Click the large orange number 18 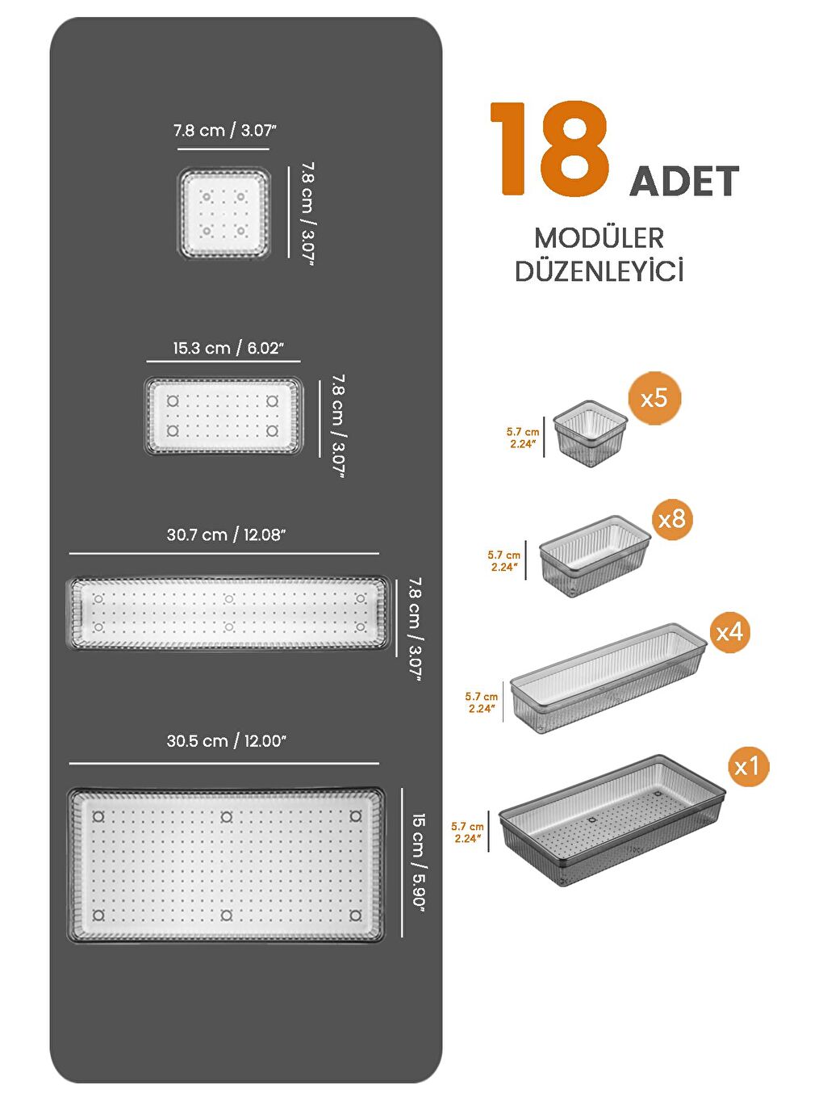[549, 149]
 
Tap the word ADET [684, 182]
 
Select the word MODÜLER [599, 238]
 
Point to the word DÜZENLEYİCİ [599, 271]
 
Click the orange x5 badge [654, 398]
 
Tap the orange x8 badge [672, 518]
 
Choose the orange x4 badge [729, 631]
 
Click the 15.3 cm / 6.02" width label [228, 348]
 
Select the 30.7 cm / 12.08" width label [227, 534]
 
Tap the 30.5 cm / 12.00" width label [227, 741]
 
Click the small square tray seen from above [224, 213]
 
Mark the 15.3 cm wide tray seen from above [224, 415]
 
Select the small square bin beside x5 [591, 434]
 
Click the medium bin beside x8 [594, 555]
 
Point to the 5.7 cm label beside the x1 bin [467, 832]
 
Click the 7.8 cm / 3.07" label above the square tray [225, 130]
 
